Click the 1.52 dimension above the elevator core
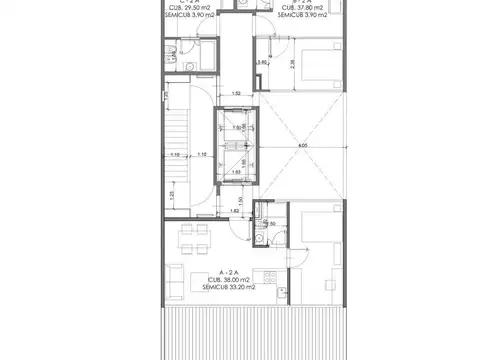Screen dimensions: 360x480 point(236,95)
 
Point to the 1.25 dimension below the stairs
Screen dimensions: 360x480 point(172,195)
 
